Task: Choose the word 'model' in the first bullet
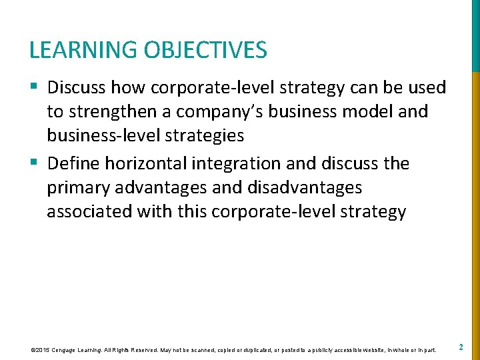[359, 112]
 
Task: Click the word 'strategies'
[209, 136]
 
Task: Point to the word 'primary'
[81, 188]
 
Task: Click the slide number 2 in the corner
[461, 347]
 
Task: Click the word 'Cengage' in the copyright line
[71, 349]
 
